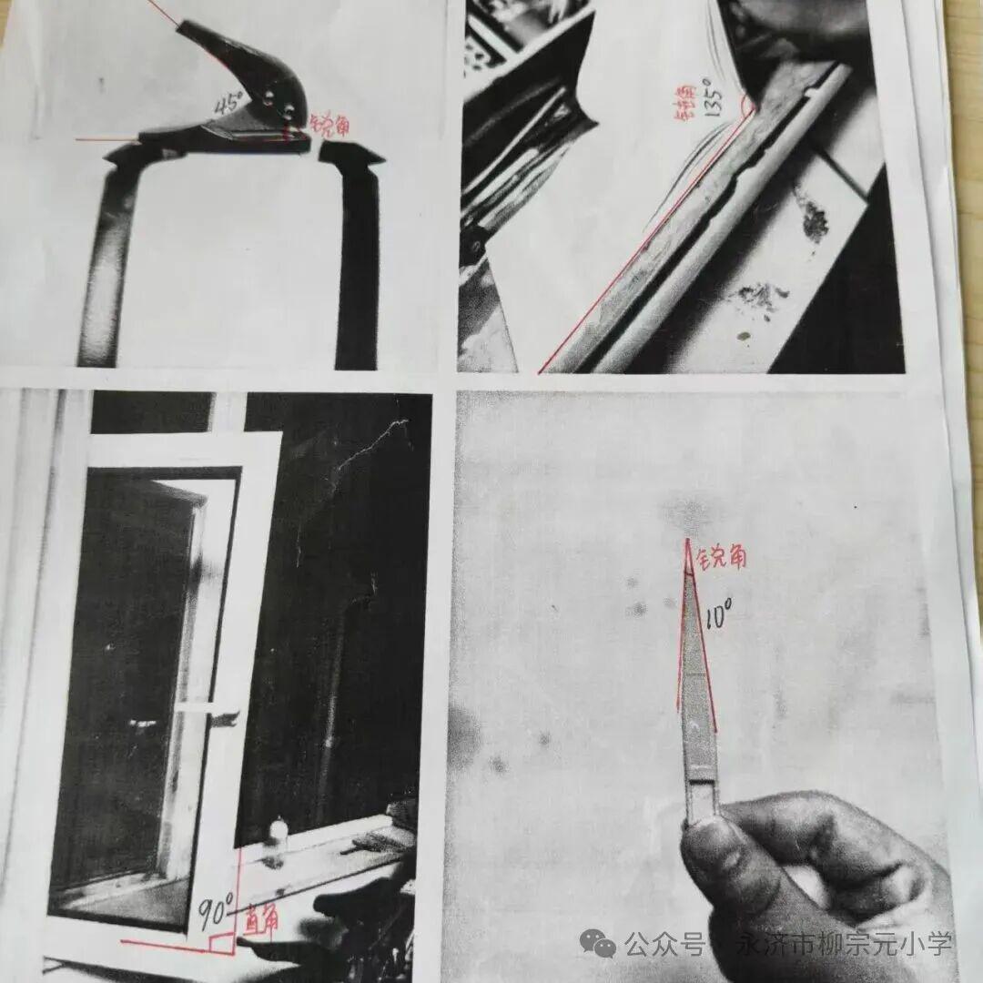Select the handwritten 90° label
(x=217, y=907)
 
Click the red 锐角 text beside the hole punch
(x=329, y=124)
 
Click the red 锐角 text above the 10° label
(x=720, y=556)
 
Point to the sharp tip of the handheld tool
(x=688, y=540)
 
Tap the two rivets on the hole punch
(x=280, y=105)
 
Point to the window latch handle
(x=224, y=716)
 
